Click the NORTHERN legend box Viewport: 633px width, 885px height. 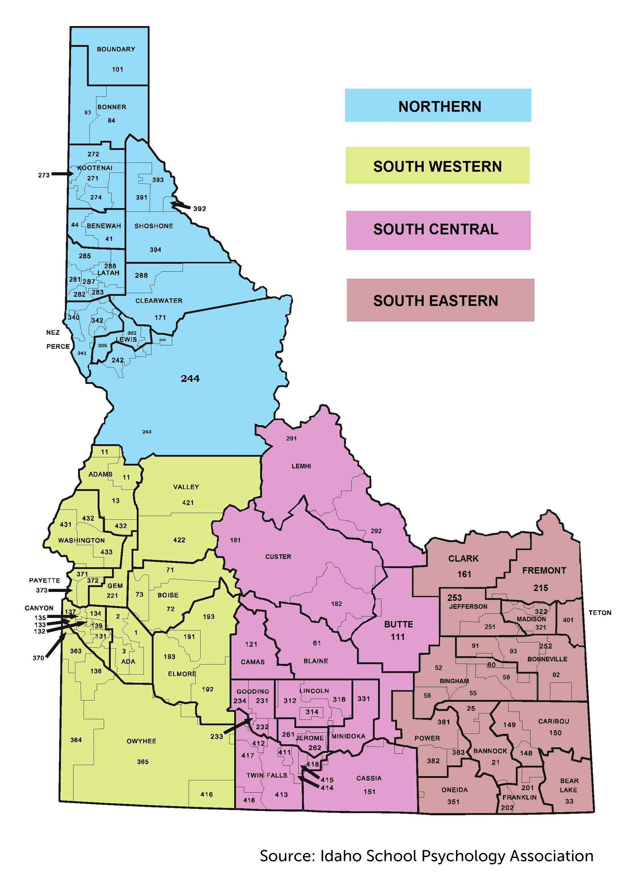point(438,105)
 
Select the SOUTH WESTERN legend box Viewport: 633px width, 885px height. point(437,165)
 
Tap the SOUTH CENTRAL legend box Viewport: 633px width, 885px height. point(438,230)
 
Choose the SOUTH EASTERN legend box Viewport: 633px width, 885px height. point(440,300)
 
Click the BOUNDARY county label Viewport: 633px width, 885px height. point(116,49)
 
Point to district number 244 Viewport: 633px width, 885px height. point(190,379)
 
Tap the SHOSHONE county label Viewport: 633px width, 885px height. point(153,226)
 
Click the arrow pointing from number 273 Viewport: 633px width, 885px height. point(62,174)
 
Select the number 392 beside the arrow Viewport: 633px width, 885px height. point(200,209)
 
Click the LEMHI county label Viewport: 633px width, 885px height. point(301,466)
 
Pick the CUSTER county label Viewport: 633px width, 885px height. point(278,557)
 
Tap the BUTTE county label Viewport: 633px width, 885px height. point(398,624)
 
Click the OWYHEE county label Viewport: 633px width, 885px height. point(141,741)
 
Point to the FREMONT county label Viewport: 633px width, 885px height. point(544,571)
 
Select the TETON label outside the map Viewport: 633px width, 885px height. point(600,613)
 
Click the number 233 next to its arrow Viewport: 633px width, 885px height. point(217,737)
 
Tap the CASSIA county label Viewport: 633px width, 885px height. point(369,778)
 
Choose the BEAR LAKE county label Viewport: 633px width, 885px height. point(569,785)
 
